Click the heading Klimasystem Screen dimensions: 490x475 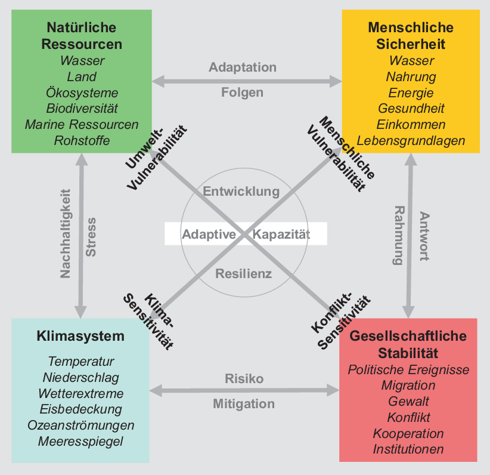[x=80, y=337]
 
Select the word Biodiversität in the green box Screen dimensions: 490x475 [x=82, y=108]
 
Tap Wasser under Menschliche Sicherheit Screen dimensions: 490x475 [x=411, y=60]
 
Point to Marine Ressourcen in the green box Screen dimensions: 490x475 [x=82, y=124]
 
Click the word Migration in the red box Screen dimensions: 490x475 [x=408, y=385]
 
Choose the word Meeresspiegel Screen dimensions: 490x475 [x=80, y=442]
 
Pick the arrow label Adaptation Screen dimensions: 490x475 [x=243, y=67]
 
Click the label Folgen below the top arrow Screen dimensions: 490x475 [x=242, y=92]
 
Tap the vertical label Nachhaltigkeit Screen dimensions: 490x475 [x=66, y=233]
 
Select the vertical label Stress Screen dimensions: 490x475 [x=91, y=237]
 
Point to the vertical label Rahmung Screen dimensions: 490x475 [x=399, y=235]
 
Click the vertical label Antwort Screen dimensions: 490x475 [x=424, y=236]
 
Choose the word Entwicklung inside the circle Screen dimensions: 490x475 [x=241, y=191]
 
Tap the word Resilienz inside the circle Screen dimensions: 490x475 [x=243, y=274]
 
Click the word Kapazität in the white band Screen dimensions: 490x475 [x=281, y=235]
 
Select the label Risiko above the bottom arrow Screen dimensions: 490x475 [x=244, y=378]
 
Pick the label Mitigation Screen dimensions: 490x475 [x=244, y=403]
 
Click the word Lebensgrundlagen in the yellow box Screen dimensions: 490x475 [x=411, y=141]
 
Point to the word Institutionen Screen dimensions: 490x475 [x=408, y=449]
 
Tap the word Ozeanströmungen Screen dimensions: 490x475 [x=80, y=425]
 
